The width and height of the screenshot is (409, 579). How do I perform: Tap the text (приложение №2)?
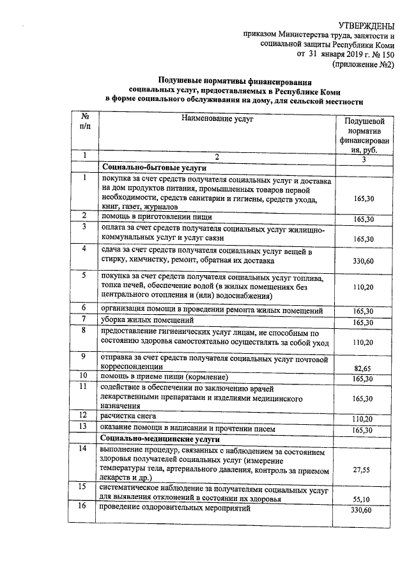click(362, 65)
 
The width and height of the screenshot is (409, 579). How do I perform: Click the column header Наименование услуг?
click(217, 119)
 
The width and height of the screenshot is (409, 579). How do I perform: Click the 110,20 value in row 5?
click(364, 288)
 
